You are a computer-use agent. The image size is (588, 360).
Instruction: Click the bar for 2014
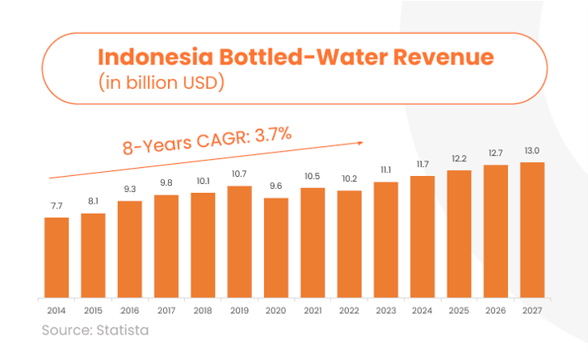point(56,256)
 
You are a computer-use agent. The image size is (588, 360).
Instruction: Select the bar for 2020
point(276,246)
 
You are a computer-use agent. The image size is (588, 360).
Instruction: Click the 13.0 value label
point(532,150)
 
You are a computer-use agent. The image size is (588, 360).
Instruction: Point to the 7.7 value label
point(56,207)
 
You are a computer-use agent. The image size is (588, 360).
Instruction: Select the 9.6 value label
point(276,186)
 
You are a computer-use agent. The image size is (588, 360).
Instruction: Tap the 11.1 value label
point(386,170)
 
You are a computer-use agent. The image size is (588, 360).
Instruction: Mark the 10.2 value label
point(349,179)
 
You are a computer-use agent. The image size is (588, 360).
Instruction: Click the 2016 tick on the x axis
point(129,311)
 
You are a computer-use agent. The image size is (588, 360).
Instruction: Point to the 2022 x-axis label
point(349,311)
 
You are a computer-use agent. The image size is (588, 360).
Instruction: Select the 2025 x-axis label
point(459,311)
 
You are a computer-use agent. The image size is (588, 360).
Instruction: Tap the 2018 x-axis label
point(203,311)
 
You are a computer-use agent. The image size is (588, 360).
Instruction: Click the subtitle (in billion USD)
point(159,82)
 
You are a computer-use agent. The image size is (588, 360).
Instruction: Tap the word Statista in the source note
point(122,330)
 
